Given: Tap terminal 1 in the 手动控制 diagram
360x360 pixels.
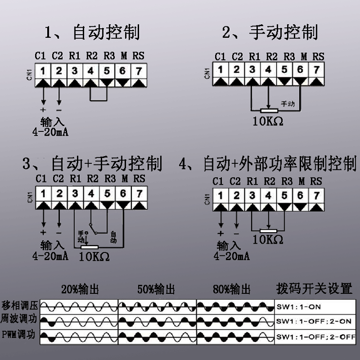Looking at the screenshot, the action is coord(220,70).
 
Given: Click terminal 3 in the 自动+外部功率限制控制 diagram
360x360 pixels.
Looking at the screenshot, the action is coord(252,196).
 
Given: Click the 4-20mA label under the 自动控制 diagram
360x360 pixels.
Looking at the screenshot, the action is coord(51,131).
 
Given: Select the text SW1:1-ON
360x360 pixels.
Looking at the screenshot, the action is coord(299,307).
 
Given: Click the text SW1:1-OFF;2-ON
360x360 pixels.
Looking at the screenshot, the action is coord(314,321).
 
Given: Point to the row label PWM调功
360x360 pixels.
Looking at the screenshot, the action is coord(19,335).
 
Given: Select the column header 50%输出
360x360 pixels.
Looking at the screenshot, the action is coord(156,289).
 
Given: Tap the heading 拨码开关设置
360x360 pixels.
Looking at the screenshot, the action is coord(314,288).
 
